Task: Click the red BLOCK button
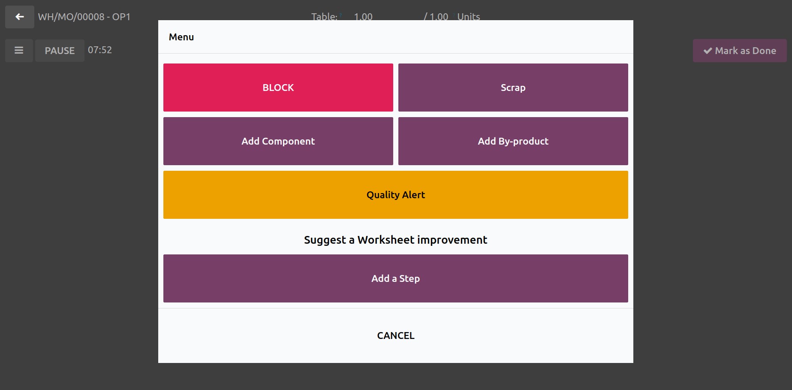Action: (x=278, y=88)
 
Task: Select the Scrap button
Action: (x=513, y=88)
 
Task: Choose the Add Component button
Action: (x=278, y=141)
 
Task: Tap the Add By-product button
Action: (x=513, y=141)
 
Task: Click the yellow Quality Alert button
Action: (x=395, y=195)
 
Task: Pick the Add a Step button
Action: (x=395, y=278)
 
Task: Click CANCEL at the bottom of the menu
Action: (x=395, y=336)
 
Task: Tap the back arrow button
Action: (x=20, y=17)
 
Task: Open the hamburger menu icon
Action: (x=19, y=51)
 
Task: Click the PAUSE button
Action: (x=60, y=51)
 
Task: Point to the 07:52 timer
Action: (x=100, y=50)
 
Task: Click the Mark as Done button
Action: (x=740, y=51)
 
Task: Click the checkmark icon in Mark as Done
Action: (x=708, y=51)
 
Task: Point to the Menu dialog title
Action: (x=181, y=37)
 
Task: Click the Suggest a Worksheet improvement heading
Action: (x=395, y=240)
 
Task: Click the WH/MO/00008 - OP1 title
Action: (x=84, y=17)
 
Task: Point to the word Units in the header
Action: (x=469, y=17)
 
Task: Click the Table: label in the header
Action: (x=324, y=17)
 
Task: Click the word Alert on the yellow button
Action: (x=413, y=195)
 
